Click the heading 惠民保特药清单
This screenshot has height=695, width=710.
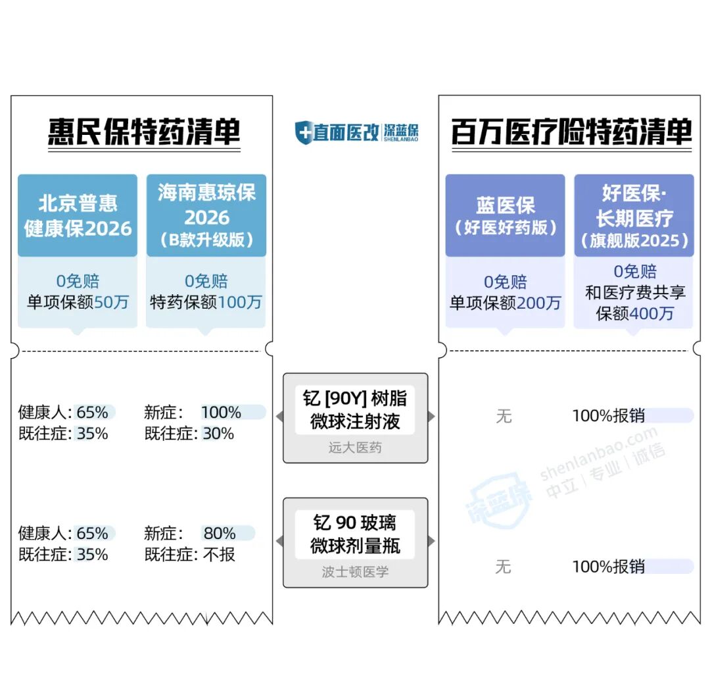pyautogui.click(x=143, y=132)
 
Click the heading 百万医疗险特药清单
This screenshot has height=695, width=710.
pyautogui.click(x=571, y=132)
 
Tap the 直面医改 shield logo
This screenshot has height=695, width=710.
pyautogui.click(x=303, y=132)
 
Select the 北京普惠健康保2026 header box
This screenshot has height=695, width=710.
pyautogui.click(x=78, y=215)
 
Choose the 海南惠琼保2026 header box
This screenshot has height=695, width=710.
pyautogui.click(x=206, y=215)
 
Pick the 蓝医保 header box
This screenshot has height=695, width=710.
pyautogui.click(x=505, y=215)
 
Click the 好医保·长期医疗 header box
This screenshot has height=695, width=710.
pyautogui.click(x=634, y=215)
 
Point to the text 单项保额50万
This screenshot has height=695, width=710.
pyautogui.click(x=78, y=302)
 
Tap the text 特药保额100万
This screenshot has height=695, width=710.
pyautogui.click(x=206, y=302)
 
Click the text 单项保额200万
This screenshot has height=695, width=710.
pyautogui.click(x=505, y=303)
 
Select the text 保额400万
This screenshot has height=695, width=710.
pyautogui.click(x=634, y=313)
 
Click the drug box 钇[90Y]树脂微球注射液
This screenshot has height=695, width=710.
pyautogui.click(x=355, y=409)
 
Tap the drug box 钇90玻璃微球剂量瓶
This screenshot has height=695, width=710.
pyautogui.click(x=355, y=534)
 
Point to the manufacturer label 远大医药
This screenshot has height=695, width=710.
pyautogui.click(x=355, y=448)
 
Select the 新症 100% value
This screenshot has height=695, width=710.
pyautogui.click(x=221, y=413)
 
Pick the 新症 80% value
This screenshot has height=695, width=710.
pyautogui.click(x=220, y=533)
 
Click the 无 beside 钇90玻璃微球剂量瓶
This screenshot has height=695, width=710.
pyautogui.click(x=503, y=566)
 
